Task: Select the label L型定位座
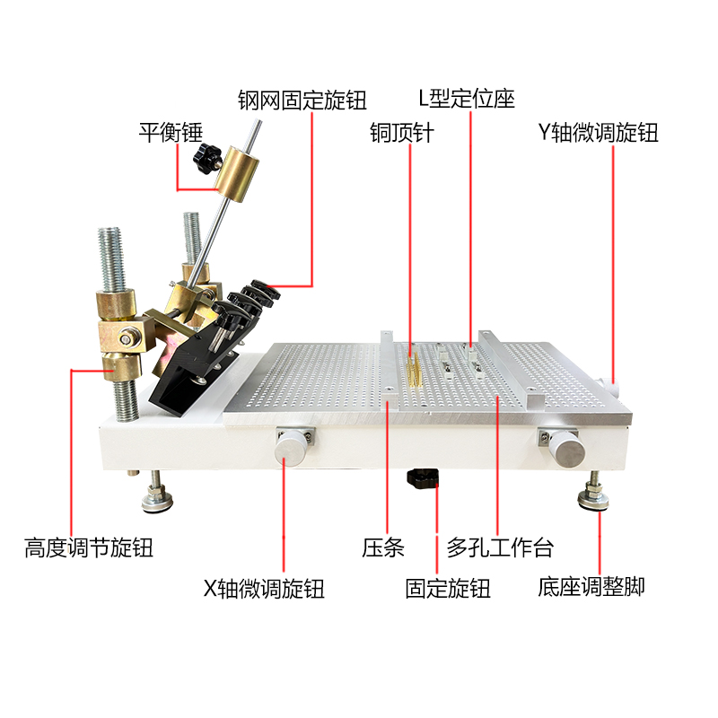pos(467,97)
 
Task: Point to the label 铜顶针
pos(402,133)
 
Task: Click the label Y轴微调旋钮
pos(598,133)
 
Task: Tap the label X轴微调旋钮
pos(263,590)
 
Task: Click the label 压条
pos(383,547)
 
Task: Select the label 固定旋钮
pos(448,590)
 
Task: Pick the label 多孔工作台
pos(500,547)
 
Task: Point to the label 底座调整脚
pos(591,590)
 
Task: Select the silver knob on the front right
pos(566,447)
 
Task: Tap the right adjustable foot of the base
pos(593,495)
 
